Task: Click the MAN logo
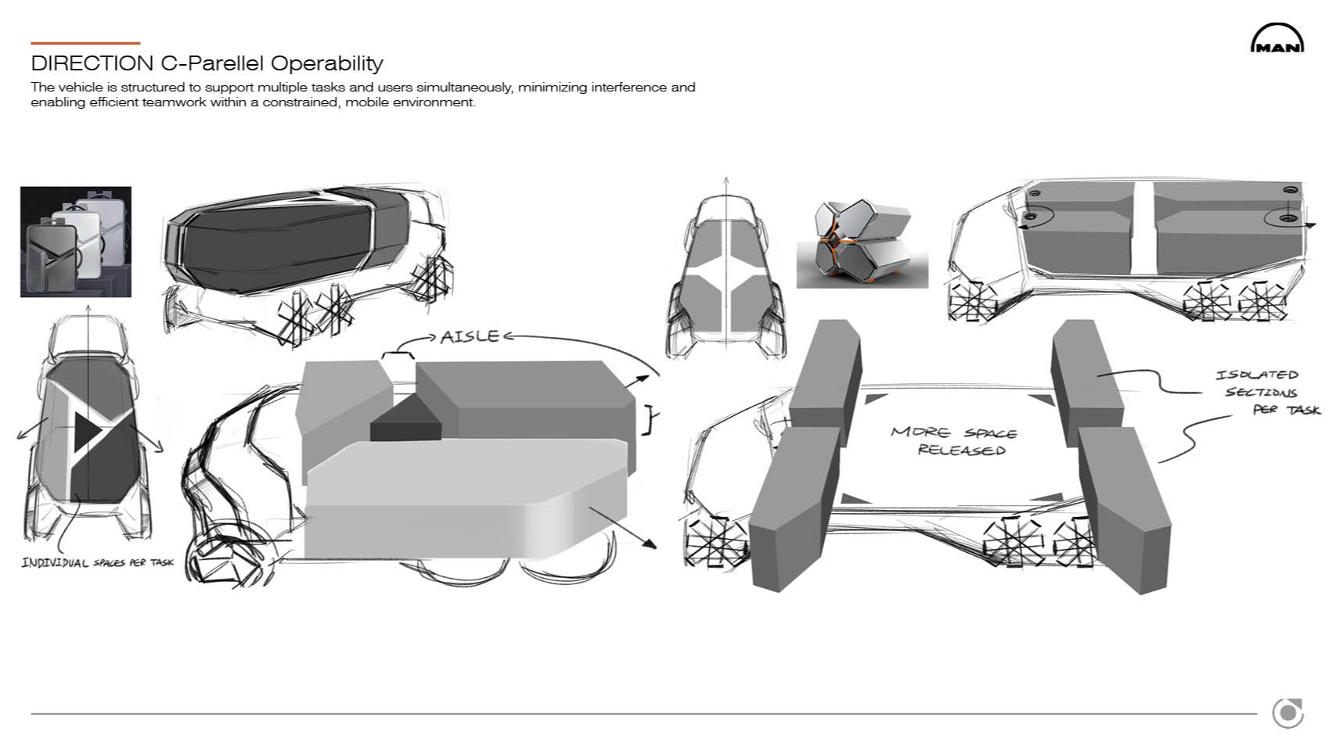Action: (x=1277, y=38)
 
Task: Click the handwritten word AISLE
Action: (x=470, y=337)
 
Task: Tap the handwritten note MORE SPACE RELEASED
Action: (x=954, y=440)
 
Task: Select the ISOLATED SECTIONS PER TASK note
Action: (x=1267, y=392)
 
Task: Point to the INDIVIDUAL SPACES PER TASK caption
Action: (x=97, y=562)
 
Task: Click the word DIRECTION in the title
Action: (x=92, y=63)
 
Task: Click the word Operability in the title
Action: (x=327, y=63)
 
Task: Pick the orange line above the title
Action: (x=85, y=43)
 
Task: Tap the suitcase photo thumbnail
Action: (x=76, y=242)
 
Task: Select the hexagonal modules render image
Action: (x=862, y=244)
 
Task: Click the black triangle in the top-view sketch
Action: (x=86, y=431)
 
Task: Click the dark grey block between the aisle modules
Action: (x=405, y=419)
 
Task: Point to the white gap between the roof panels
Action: (x=1143, y=228)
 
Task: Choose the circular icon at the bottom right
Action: (x=1287, y=713)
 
